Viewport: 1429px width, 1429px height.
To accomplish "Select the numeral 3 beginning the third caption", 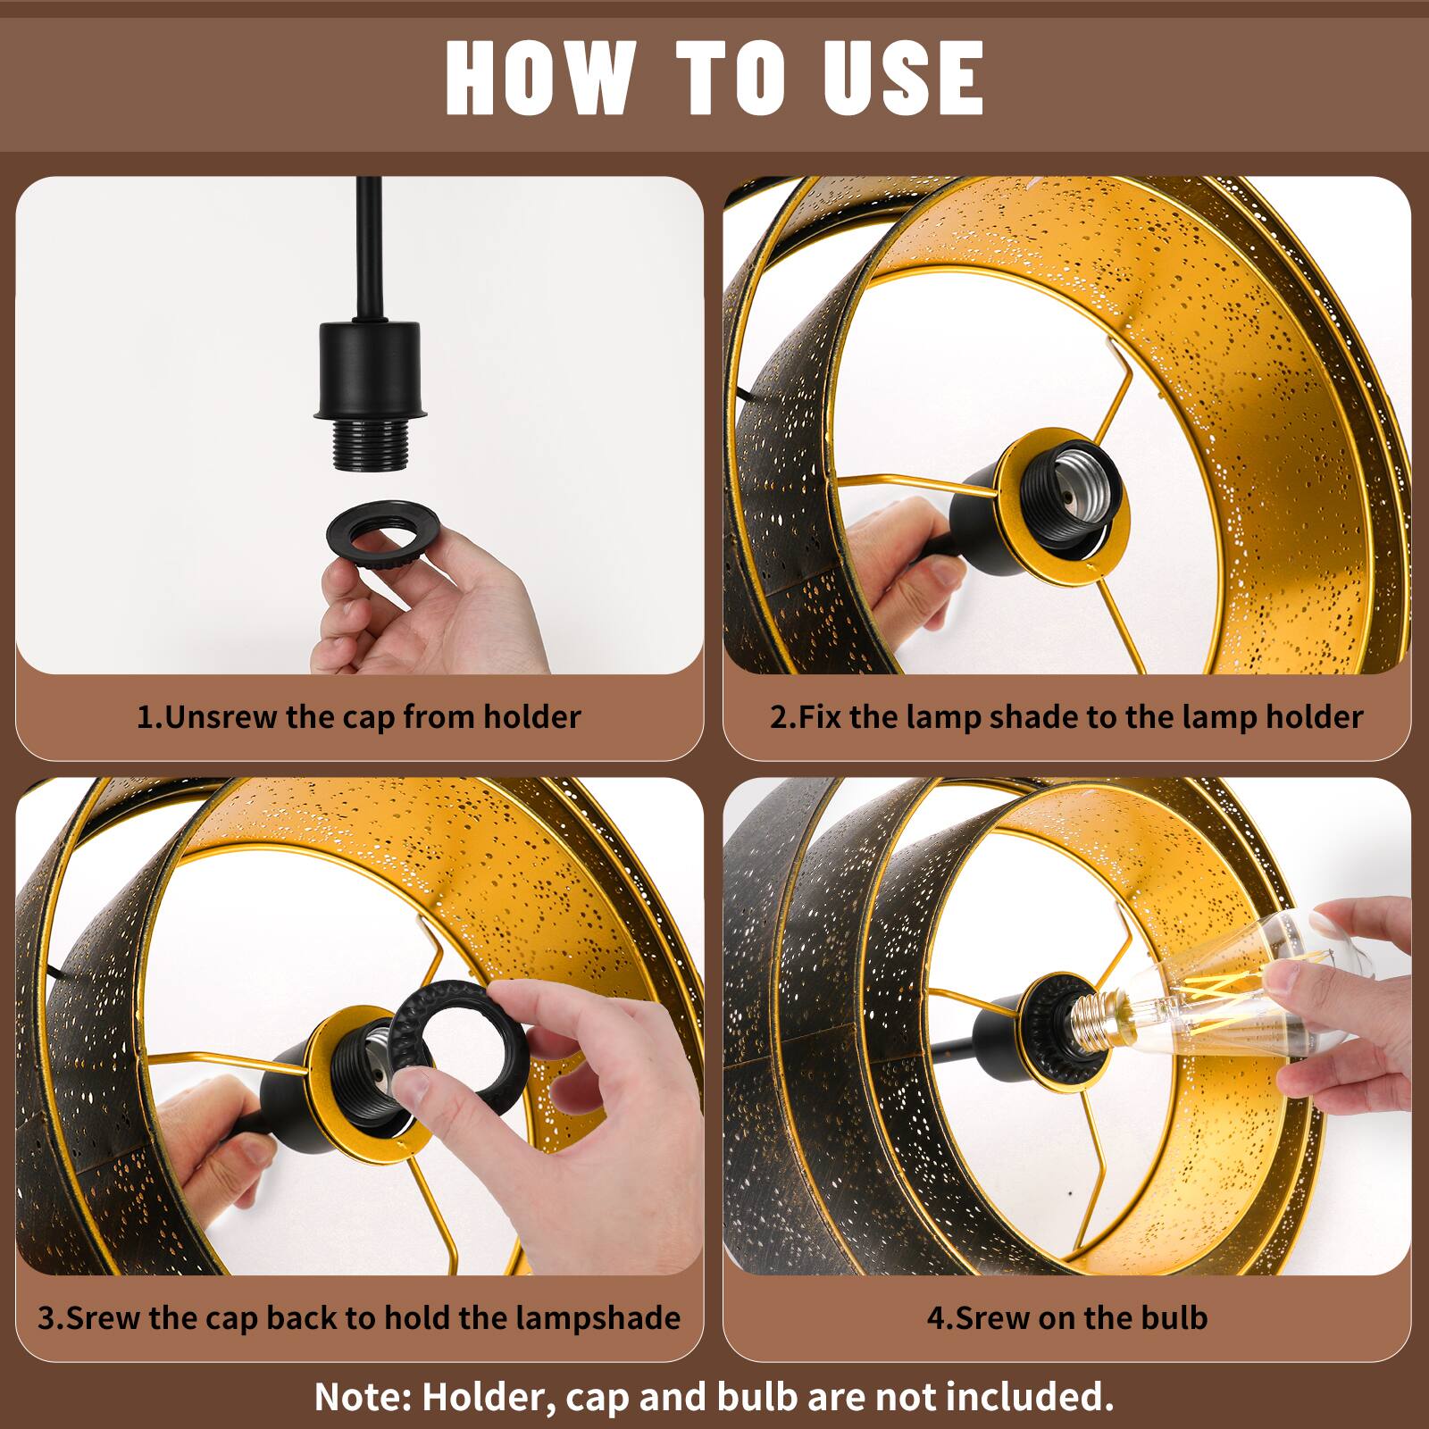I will coord(46,1319).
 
